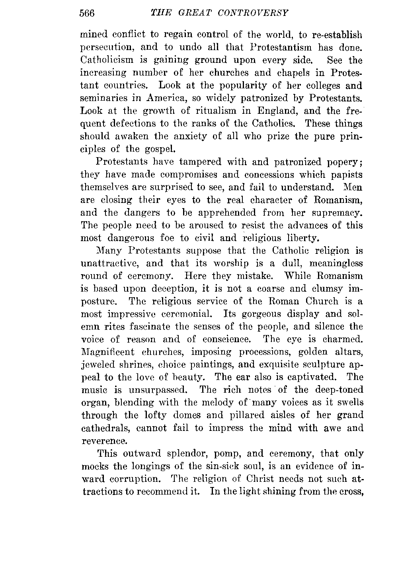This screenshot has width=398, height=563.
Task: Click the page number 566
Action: [87, 13]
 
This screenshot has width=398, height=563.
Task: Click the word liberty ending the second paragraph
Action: [303, 239]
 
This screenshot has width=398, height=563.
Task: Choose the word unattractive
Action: [110, 264]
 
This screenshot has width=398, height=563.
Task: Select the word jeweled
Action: [98, 365]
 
